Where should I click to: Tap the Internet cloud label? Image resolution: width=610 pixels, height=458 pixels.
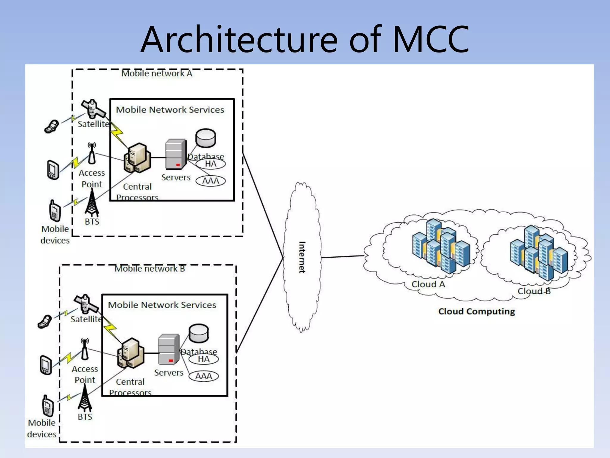[302, 257]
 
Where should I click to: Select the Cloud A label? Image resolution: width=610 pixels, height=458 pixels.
[428, 284]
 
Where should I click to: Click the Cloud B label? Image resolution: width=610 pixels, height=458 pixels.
[534, 291]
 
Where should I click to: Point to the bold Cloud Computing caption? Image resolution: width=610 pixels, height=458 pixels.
[476, 311]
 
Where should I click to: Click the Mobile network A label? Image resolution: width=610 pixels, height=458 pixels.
[157, 74]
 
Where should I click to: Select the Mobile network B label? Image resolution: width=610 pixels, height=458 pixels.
[150, 269]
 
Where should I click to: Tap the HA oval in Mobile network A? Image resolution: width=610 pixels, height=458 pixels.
[211, 164]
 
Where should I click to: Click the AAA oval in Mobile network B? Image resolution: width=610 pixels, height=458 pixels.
[204, 376]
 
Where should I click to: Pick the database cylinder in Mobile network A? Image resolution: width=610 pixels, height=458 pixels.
[206, 138]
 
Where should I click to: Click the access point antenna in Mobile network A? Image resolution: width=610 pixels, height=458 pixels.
[92, 153]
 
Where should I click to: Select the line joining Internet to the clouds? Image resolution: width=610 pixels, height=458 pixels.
[343, 256]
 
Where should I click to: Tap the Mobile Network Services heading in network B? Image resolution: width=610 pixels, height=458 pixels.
[162, 305]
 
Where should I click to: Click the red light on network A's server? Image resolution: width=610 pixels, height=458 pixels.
[178, 165]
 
